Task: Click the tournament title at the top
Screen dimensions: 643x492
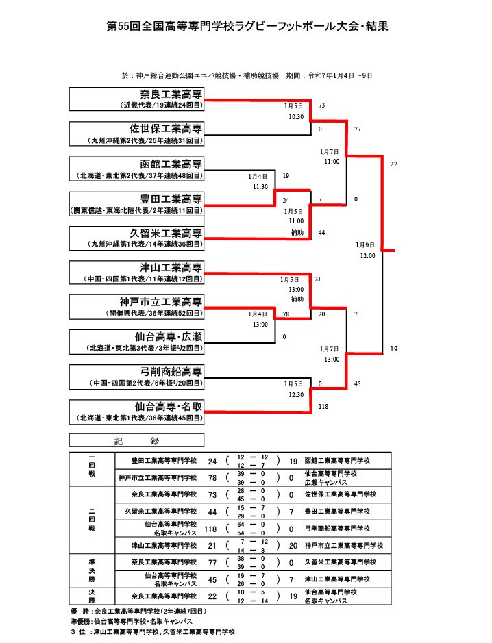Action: [247, 26]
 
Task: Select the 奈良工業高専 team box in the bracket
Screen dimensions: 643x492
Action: [136, 100]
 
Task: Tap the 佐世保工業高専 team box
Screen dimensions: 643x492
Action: [136, 134]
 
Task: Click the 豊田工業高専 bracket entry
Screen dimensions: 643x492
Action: [136, 204]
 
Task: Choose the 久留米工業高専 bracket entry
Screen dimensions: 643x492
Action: [136, 238]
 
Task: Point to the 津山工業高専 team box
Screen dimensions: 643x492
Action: [136, 273]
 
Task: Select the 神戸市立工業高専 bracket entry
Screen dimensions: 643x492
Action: [136, 307]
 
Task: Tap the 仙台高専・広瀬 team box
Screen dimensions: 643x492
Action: [136, 342]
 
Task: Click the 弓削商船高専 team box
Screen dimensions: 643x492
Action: [136, 377]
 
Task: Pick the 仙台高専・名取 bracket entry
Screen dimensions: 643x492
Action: [136, 412]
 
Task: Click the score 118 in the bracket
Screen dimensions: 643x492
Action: [324, 407]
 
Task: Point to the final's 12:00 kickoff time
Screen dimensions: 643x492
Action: [367, 255]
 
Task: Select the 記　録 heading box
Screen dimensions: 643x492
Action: [136, 440]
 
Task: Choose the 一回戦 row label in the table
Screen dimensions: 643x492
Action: [92, 468]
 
